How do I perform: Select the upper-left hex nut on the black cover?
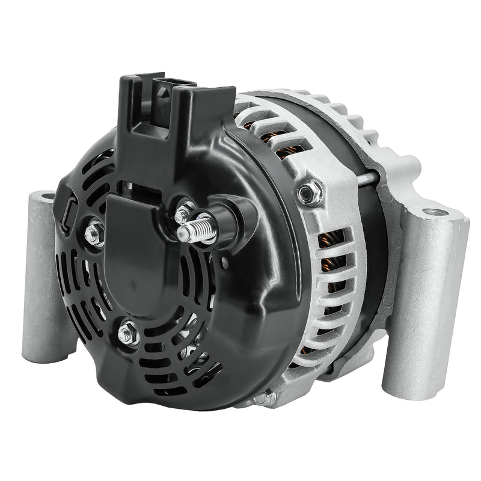pos(94,232)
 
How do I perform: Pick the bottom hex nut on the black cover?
pos(128,334)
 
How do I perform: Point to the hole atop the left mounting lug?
pos(44,197)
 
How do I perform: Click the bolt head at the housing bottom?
pos(265,398)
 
